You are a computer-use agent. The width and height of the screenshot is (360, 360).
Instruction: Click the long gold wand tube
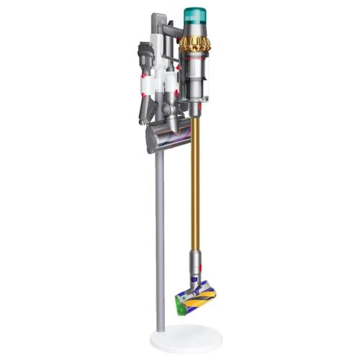[194, 180]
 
